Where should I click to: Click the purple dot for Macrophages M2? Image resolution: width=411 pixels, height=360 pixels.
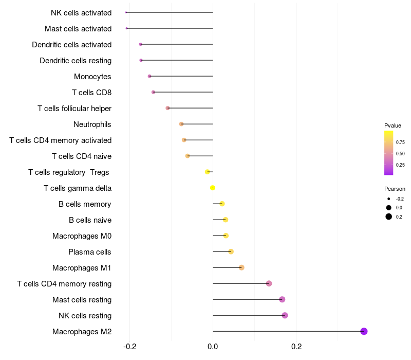[x=364, y=331]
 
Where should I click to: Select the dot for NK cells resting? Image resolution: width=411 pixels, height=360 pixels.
[x=285, y=315]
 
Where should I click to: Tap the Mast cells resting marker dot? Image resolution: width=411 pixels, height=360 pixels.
[x=282, y=299]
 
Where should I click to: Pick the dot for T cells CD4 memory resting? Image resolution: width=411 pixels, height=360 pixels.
[x=269, y=283]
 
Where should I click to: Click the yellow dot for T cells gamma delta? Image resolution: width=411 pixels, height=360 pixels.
[x=213, y=188]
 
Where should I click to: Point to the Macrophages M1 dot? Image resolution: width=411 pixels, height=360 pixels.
[x=241, y=267]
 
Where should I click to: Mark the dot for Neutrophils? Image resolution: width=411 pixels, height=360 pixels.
[x=181, y=124]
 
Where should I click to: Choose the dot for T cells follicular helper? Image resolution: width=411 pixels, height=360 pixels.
[x=167, y=108]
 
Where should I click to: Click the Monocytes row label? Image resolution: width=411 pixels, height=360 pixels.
[x=92, y=77]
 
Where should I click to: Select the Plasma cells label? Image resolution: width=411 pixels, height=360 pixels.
[x=90, y=252]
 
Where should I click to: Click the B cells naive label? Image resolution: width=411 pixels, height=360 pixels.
[x=90, y=220]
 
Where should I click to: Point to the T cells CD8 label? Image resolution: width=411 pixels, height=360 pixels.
[x=91, y=93]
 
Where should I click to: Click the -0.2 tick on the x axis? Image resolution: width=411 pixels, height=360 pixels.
[x=129, y=346]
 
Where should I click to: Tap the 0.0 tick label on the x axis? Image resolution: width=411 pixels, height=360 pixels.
[x=213, y=346]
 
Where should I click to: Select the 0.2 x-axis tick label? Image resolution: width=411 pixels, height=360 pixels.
[x=296, y=346]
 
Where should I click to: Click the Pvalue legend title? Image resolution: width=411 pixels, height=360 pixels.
[x=393, y=125]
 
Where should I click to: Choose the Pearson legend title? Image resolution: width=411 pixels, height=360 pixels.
[x=395, y=189]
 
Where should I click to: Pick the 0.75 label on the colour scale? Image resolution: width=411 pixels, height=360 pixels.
[x=400, y=142]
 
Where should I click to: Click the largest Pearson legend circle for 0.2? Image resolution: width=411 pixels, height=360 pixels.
[x=389, y=217]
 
